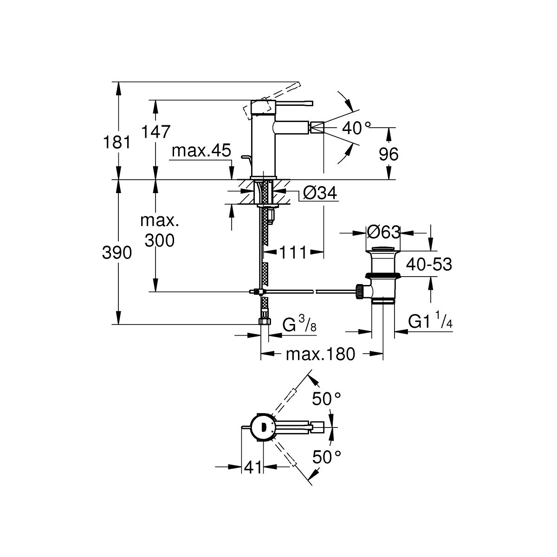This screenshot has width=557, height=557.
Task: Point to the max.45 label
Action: coord(201,151)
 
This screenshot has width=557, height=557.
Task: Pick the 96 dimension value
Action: coord(389,154)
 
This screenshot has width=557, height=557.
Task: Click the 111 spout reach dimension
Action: coord(293,253)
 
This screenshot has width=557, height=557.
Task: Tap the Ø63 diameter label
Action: coord(383,231)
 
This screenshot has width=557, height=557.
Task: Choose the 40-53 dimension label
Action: coord(429,265)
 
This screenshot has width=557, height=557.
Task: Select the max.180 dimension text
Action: coord(320,354)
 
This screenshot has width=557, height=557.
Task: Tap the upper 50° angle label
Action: coord(326,398)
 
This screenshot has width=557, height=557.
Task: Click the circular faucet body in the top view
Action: coord(262,426)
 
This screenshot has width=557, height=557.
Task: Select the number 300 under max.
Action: coord(159,240)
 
